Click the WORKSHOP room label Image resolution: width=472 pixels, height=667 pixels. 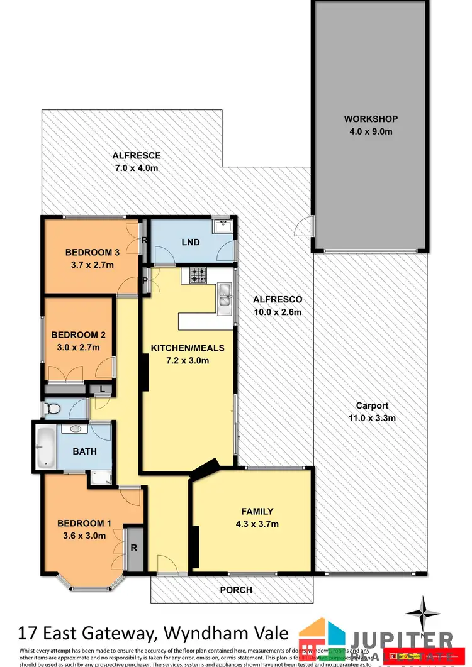371,119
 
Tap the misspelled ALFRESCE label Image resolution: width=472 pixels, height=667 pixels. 137,155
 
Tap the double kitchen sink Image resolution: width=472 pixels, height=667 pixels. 224,297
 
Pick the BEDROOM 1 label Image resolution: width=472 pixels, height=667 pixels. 84,523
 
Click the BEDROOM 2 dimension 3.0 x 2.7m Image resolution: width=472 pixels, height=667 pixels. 74,347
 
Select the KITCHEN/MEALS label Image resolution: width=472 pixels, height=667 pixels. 187,348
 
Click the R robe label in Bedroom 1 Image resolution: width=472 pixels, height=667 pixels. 133,548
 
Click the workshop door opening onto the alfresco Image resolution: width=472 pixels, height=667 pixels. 305,224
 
